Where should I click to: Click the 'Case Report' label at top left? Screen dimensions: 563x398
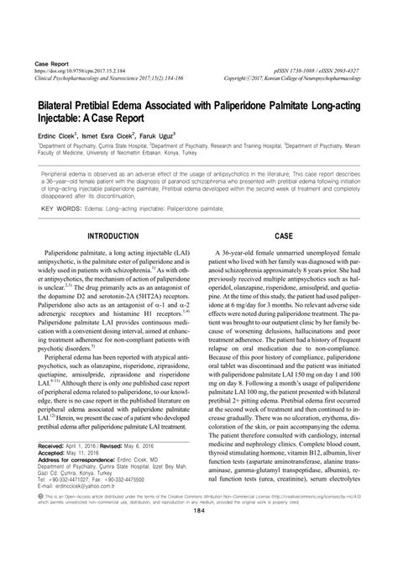pos(50,64)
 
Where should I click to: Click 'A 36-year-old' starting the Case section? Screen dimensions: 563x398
pos(244,252)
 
